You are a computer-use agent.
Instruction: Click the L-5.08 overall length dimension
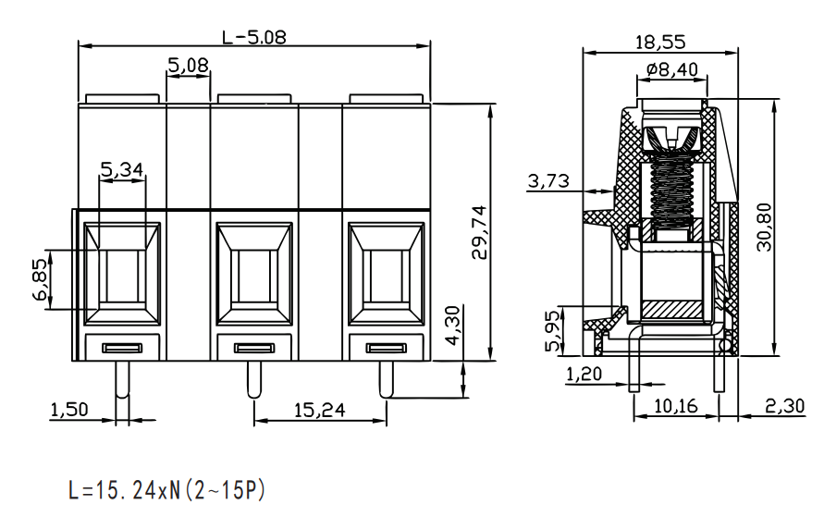click(x=254, y=37)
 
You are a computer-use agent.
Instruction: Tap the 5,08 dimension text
click(x=188, y=65)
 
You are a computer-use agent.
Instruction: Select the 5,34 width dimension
click(x=122, y=169)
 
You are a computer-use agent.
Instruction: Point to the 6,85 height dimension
click(x=41, y=279)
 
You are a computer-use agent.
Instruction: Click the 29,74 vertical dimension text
click(x=479, y=232)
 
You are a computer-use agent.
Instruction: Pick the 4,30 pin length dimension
click(x=452, y=326)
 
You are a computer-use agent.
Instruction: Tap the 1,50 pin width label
click(x=69, y=410)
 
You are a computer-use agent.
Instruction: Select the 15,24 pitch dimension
click(x=319, y=410)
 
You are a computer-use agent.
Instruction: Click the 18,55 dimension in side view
click(x=660, y=42)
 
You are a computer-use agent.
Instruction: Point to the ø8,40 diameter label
click(x=672, y=69)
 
